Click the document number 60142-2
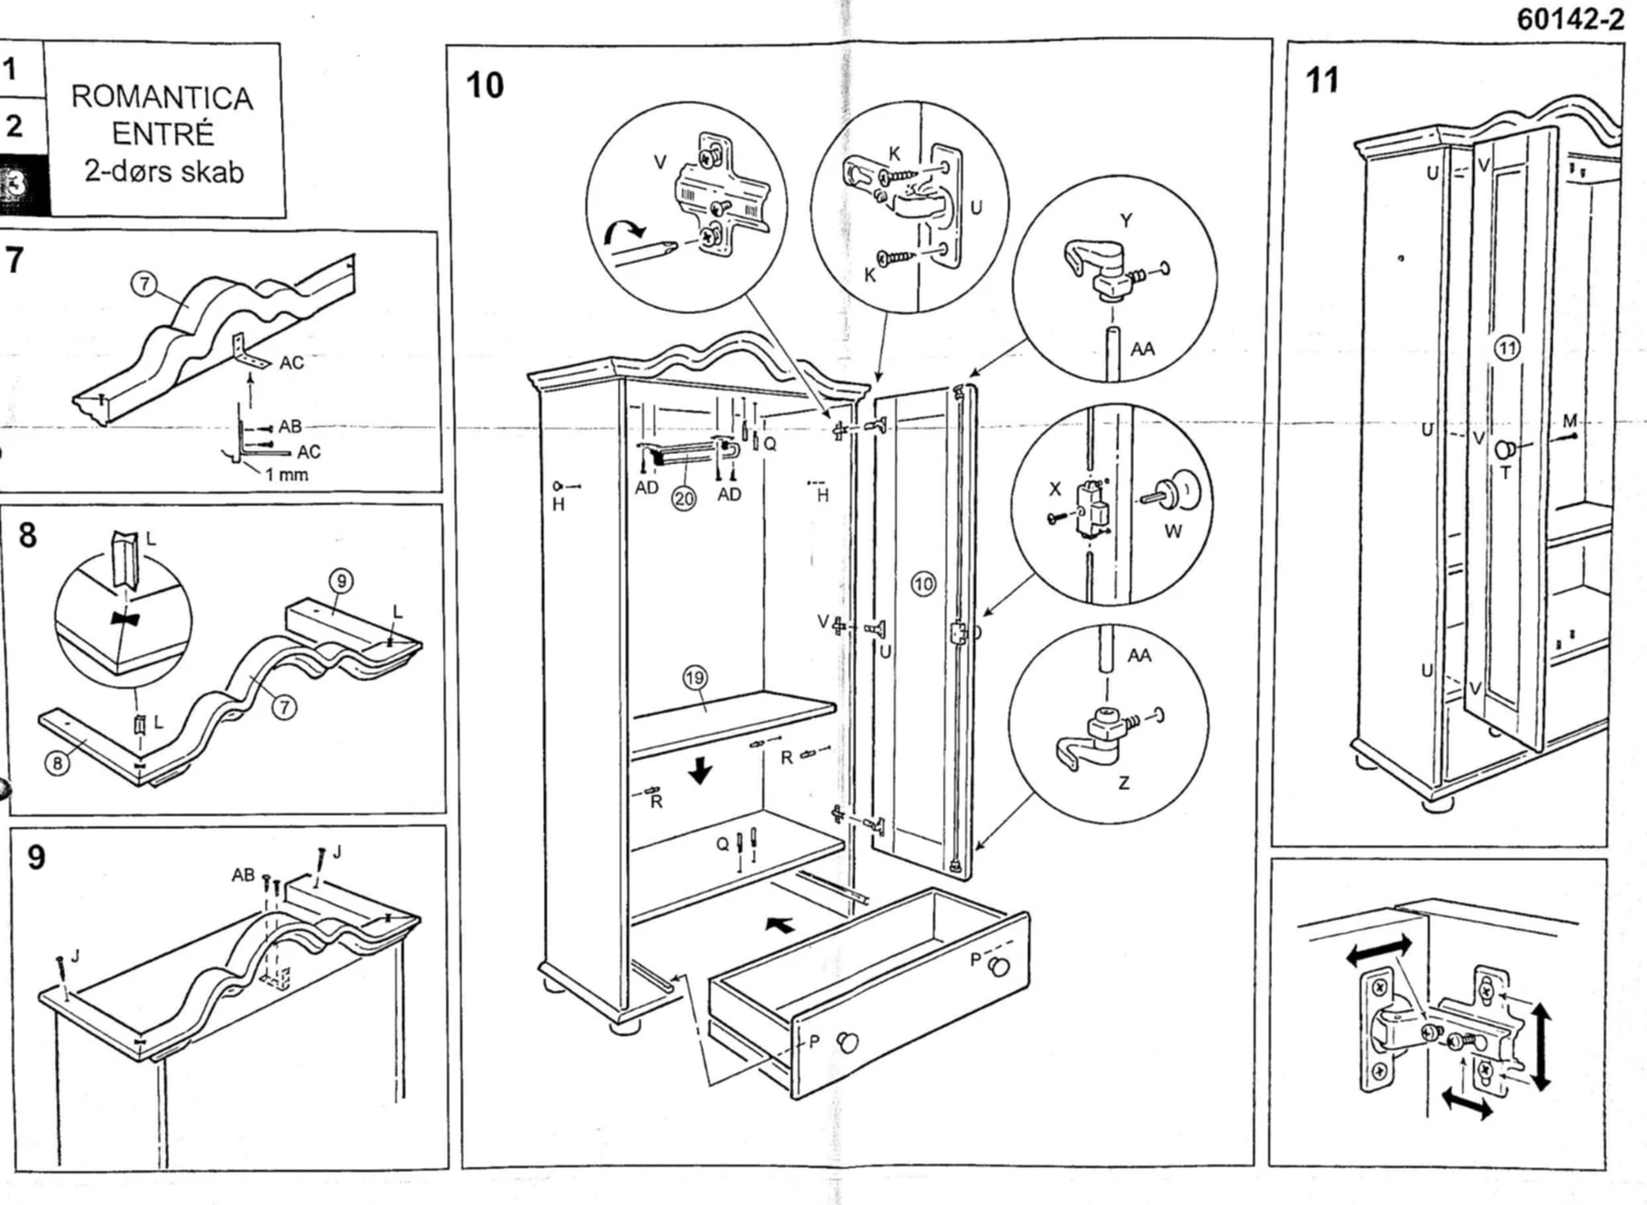click(1570, 19)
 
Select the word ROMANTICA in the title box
click(162, 98)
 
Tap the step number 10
click(485, 85)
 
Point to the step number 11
click(1322, 81)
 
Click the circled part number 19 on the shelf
click(694, 678)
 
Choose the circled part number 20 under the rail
click(684, 499)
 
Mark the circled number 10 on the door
click(923, 584)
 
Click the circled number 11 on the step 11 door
click(1507, 348)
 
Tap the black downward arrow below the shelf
click(701, 770)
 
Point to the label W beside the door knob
click(1173, 532)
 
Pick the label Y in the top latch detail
click(1125, 221)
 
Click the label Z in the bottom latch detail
click(1124, 782)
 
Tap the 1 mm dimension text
click(286, 474)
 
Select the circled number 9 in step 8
click(340, 580)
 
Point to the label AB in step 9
click(243, 876)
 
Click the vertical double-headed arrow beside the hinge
click(1541, 1046)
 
